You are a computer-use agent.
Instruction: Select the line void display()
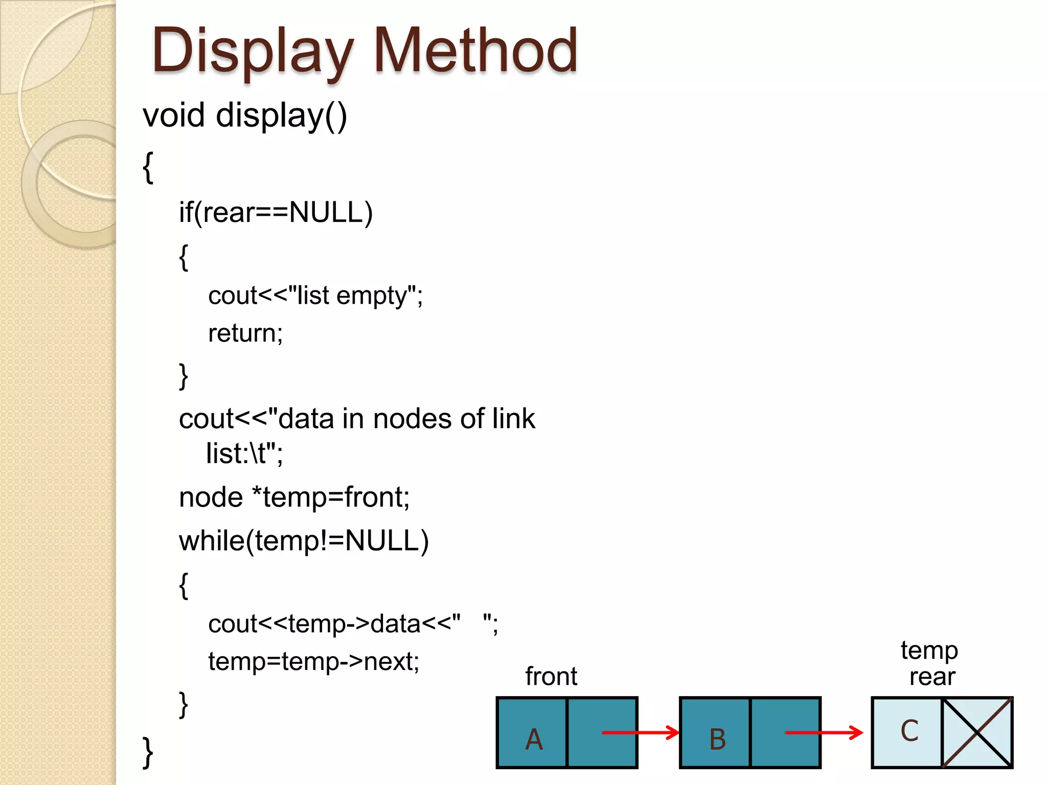tap(245, 116)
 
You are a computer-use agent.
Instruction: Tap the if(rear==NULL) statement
tap(276, 213)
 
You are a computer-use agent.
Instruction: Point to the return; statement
tap(245, 333)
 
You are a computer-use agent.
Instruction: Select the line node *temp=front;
tap(294, 497)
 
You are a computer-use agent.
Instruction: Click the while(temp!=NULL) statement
tap(304, 541)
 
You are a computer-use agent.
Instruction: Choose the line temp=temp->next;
tap(313, 662)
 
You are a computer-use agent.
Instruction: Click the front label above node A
tap(551, 677)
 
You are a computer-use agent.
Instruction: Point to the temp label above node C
tap(929, 651)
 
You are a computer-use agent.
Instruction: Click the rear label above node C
tap(932, 677)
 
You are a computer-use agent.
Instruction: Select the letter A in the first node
tap(534, 739)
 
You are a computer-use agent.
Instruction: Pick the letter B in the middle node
tap(717, 739)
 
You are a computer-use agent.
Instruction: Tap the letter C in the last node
tap(909, 731)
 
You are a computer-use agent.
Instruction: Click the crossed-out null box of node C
tap(977, 732)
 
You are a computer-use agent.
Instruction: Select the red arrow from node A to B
tap(640, 732)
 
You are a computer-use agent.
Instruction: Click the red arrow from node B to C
tap(824, 732)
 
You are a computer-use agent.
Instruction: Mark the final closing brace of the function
tap(147, 752)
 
